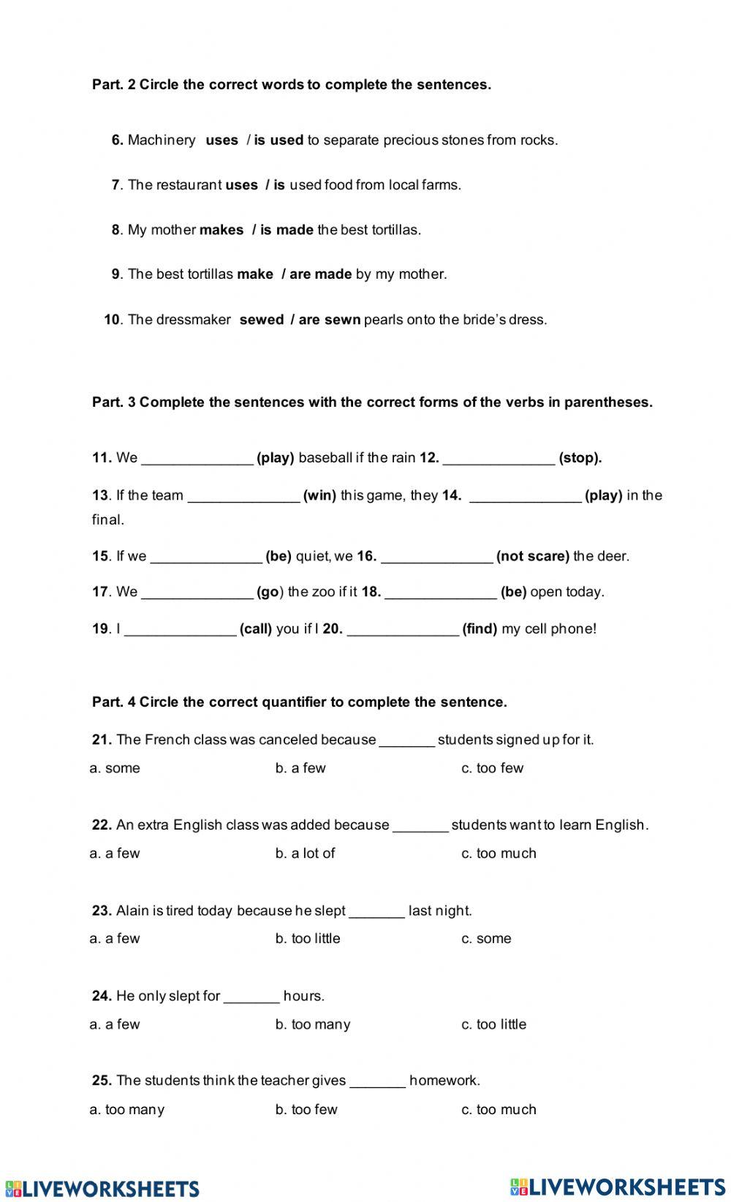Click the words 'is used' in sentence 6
pyautogui.click(x=279, y=140)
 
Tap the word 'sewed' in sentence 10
pyautogui.click(x=261, y=320)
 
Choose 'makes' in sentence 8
pyautogui.click(x=221, y=230)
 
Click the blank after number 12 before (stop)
pyautogui.click(x=499, y=459)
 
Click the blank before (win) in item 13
pyautogui.click(x=244, y=496)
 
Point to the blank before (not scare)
pyautogui.click(x=436, y=557)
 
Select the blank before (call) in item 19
pyautogui.click(x=180, y=629)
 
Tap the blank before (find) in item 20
pyautogui.click(x=403, y=629)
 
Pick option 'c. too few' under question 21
pyautogui.click(x=492, y=768)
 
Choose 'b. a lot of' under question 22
pyautogui.click(x=305, y=853)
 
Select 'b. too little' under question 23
pyautogui.click(x=308, y=939)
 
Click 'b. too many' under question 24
pyautogui.click(x=313, y=1024)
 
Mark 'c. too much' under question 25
pyautogui.click(x=499, y=1110)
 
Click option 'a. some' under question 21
pyautogui.click(x=115, y=768)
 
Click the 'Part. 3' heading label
pyautogui.click(x=114, y=402)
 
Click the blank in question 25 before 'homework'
pyautogui.click(x=377, y=1081)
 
